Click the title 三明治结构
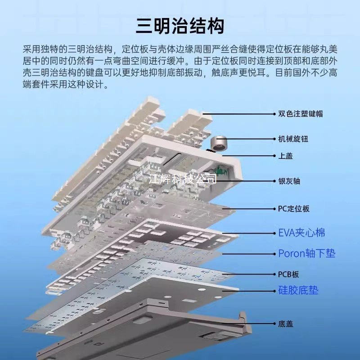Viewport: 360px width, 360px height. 180,26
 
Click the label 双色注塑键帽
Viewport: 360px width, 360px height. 300,114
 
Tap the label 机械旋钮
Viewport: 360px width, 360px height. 293,139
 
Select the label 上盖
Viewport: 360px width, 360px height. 285,156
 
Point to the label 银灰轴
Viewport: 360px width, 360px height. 289,181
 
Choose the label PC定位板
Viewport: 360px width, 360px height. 294,209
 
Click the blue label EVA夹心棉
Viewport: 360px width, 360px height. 301,233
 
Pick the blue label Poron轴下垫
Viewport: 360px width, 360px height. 307,253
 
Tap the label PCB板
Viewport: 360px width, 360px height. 288,274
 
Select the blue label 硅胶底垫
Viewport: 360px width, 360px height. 298,290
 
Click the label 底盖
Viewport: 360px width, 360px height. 285,324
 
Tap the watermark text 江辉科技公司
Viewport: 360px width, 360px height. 183,179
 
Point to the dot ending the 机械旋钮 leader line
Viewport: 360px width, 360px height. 274,139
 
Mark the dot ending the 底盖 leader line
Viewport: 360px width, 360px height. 274,324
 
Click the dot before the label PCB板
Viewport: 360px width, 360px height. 274,274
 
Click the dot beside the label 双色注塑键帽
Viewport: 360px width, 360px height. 274,114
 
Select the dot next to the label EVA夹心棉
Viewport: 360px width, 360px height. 274,233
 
